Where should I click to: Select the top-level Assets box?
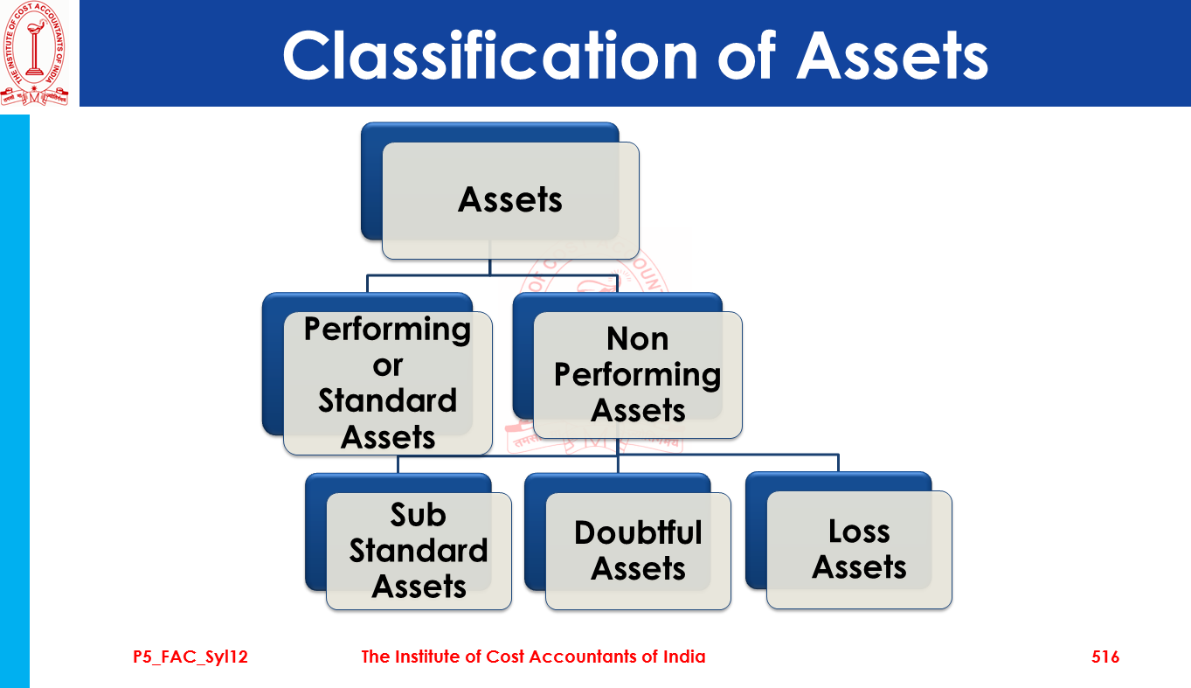click(x=510, y=200)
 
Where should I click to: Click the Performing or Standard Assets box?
click(x=387, y=383)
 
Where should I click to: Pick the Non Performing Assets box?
click(x=637, y=374)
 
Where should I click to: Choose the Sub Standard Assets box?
click(x=419, y=551)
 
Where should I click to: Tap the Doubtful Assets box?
click(x=638, y=551)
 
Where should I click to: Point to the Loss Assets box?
click(x=859, y=550)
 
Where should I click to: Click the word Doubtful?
click(x=638, y=532)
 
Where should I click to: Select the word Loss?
click(x=859, y=532)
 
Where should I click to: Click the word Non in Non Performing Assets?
click(x=637, y=338)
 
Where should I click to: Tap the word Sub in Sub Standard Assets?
click(x=418, y=515)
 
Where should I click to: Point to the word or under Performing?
click(x=387, y=365)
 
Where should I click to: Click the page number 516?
click(x=1104, y=657)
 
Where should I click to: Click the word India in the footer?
click(x=682, y=657)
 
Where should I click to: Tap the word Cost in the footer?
click(x=504, y=657)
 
